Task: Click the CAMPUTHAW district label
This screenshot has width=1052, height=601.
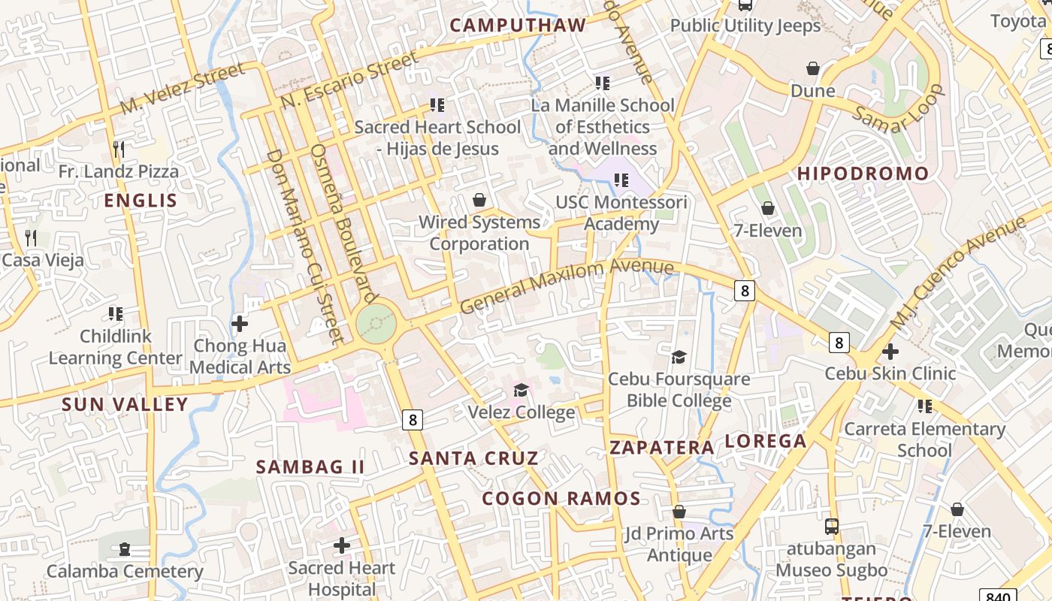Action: pos(518,25)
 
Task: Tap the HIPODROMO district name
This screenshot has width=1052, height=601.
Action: pos(863,174)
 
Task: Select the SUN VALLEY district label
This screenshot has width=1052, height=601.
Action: pos(125,404)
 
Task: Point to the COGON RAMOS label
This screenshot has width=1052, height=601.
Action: pos(561,498)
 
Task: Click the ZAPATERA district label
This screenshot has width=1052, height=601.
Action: pos(662,448)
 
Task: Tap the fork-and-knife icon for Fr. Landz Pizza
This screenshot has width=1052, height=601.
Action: pos(118,149)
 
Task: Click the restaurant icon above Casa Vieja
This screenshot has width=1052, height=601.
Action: pos(31,238)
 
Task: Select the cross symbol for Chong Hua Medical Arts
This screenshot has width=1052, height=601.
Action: pos(240,324)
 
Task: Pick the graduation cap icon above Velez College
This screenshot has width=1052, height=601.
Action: pos(521,390)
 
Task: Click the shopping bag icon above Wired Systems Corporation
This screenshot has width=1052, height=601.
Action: pos(479,200)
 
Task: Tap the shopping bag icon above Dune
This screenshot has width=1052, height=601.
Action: pos(812,69)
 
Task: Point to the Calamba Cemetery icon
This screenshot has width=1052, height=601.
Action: pos(125,549)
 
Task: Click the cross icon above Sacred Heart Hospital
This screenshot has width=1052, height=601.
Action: pos(342,545)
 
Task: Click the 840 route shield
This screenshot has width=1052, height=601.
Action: pos(998,596)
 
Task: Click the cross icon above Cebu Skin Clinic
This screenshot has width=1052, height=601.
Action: pos(890,351)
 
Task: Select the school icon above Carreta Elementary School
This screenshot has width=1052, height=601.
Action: pos(924,406)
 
